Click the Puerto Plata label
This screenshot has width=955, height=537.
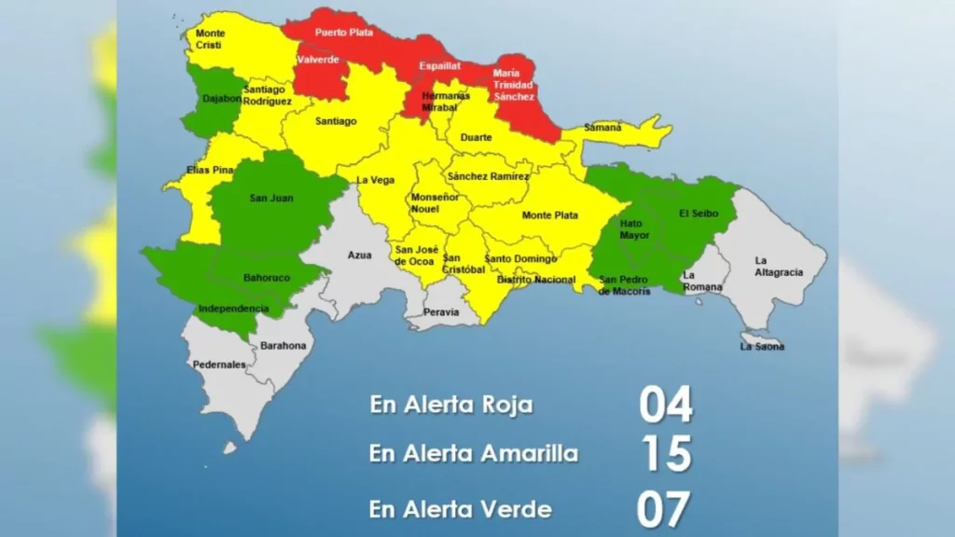(x=344, y=33)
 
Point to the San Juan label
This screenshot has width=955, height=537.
(x=266, y=198)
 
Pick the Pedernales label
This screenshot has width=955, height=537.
(x=219, y=365)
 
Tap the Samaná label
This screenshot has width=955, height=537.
(x=602, y=127)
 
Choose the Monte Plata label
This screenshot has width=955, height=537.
(x=549, y=215)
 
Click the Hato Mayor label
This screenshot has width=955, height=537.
(x=634, y=229)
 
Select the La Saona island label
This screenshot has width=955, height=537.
(x=762, y=347)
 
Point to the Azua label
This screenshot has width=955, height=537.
(x=360, y=255)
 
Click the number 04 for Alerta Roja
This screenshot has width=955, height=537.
(x=666, y=406)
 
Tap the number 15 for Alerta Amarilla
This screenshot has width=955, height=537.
(x=666, y=454)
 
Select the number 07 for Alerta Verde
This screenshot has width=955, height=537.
(x=664, y=510)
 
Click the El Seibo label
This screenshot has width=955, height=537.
(x=697, y=213)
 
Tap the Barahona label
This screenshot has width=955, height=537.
(x=283, y=346)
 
